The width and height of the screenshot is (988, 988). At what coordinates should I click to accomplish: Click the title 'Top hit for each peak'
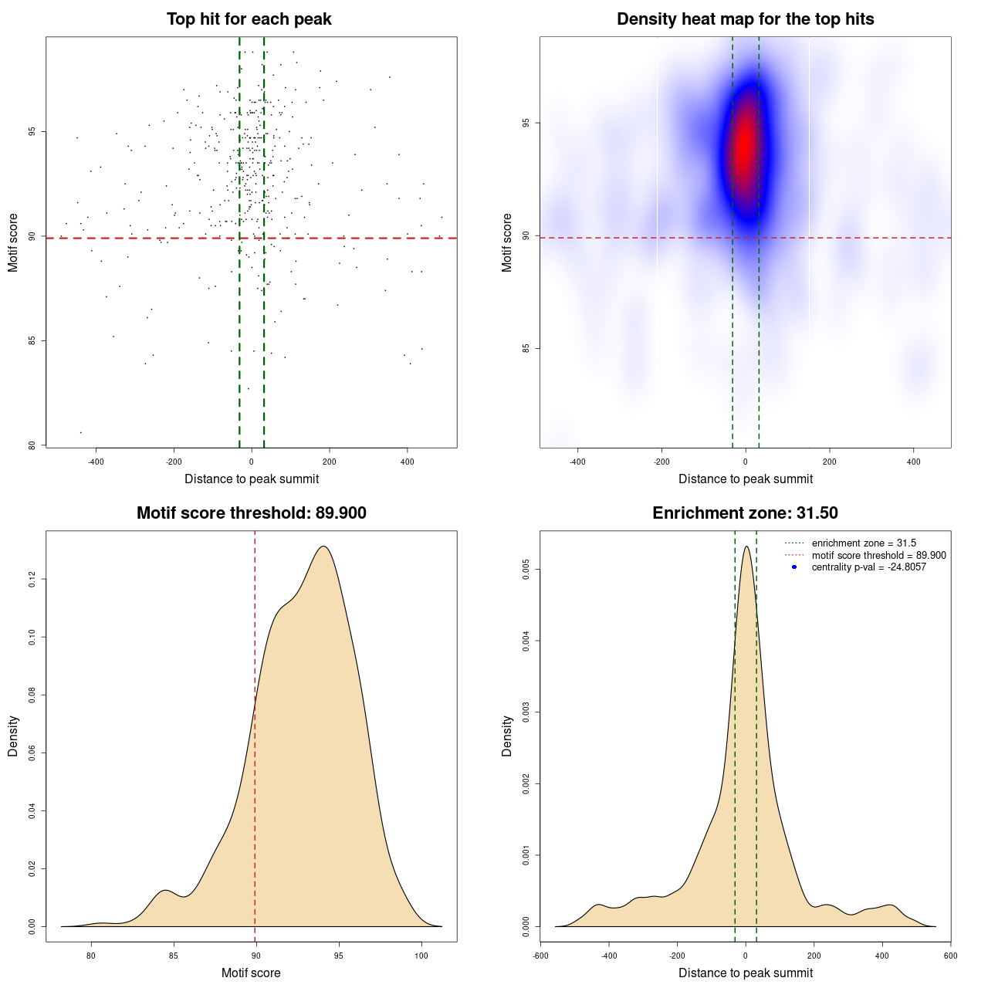249,19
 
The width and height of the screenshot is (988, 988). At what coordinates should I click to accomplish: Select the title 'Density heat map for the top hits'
745,19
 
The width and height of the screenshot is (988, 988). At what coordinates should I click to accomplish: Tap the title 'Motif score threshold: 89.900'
251,513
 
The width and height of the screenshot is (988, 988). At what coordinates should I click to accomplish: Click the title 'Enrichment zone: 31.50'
745,513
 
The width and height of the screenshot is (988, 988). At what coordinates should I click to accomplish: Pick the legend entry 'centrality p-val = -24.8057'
868,567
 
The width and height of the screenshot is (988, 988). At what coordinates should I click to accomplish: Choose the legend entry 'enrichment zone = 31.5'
864,543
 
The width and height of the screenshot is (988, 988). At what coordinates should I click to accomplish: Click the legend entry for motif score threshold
878,556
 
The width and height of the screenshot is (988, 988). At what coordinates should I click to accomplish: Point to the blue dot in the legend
794,567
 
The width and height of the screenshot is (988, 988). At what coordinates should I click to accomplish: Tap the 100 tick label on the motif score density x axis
421,956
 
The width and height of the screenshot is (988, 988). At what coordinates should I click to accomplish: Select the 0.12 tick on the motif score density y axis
32,579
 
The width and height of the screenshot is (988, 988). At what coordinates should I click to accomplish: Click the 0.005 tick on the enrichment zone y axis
526,570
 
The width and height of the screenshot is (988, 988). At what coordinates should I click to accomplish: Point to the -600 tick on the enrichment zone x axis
540,956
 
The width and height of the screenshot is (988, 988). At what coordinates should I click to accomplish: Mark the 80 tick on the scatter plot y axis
32,445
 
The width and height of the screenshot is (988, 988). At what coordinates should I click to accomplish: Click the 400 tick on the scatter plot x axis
407,462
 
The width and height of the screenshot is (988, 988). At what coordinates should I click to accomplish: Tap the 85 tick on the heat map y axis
526,348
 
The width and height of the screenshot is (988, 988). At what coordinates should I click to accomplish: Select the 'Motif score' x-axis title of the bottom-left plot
251,973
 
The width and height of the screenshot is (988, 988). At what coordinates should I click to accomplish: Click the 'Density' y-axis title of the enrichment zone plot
507,736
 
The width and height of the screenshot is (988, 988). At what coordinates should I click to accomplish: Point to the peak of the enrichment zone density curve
746,546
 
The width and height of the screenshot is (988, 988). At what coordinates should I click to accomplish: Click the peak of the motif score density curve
324,546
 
